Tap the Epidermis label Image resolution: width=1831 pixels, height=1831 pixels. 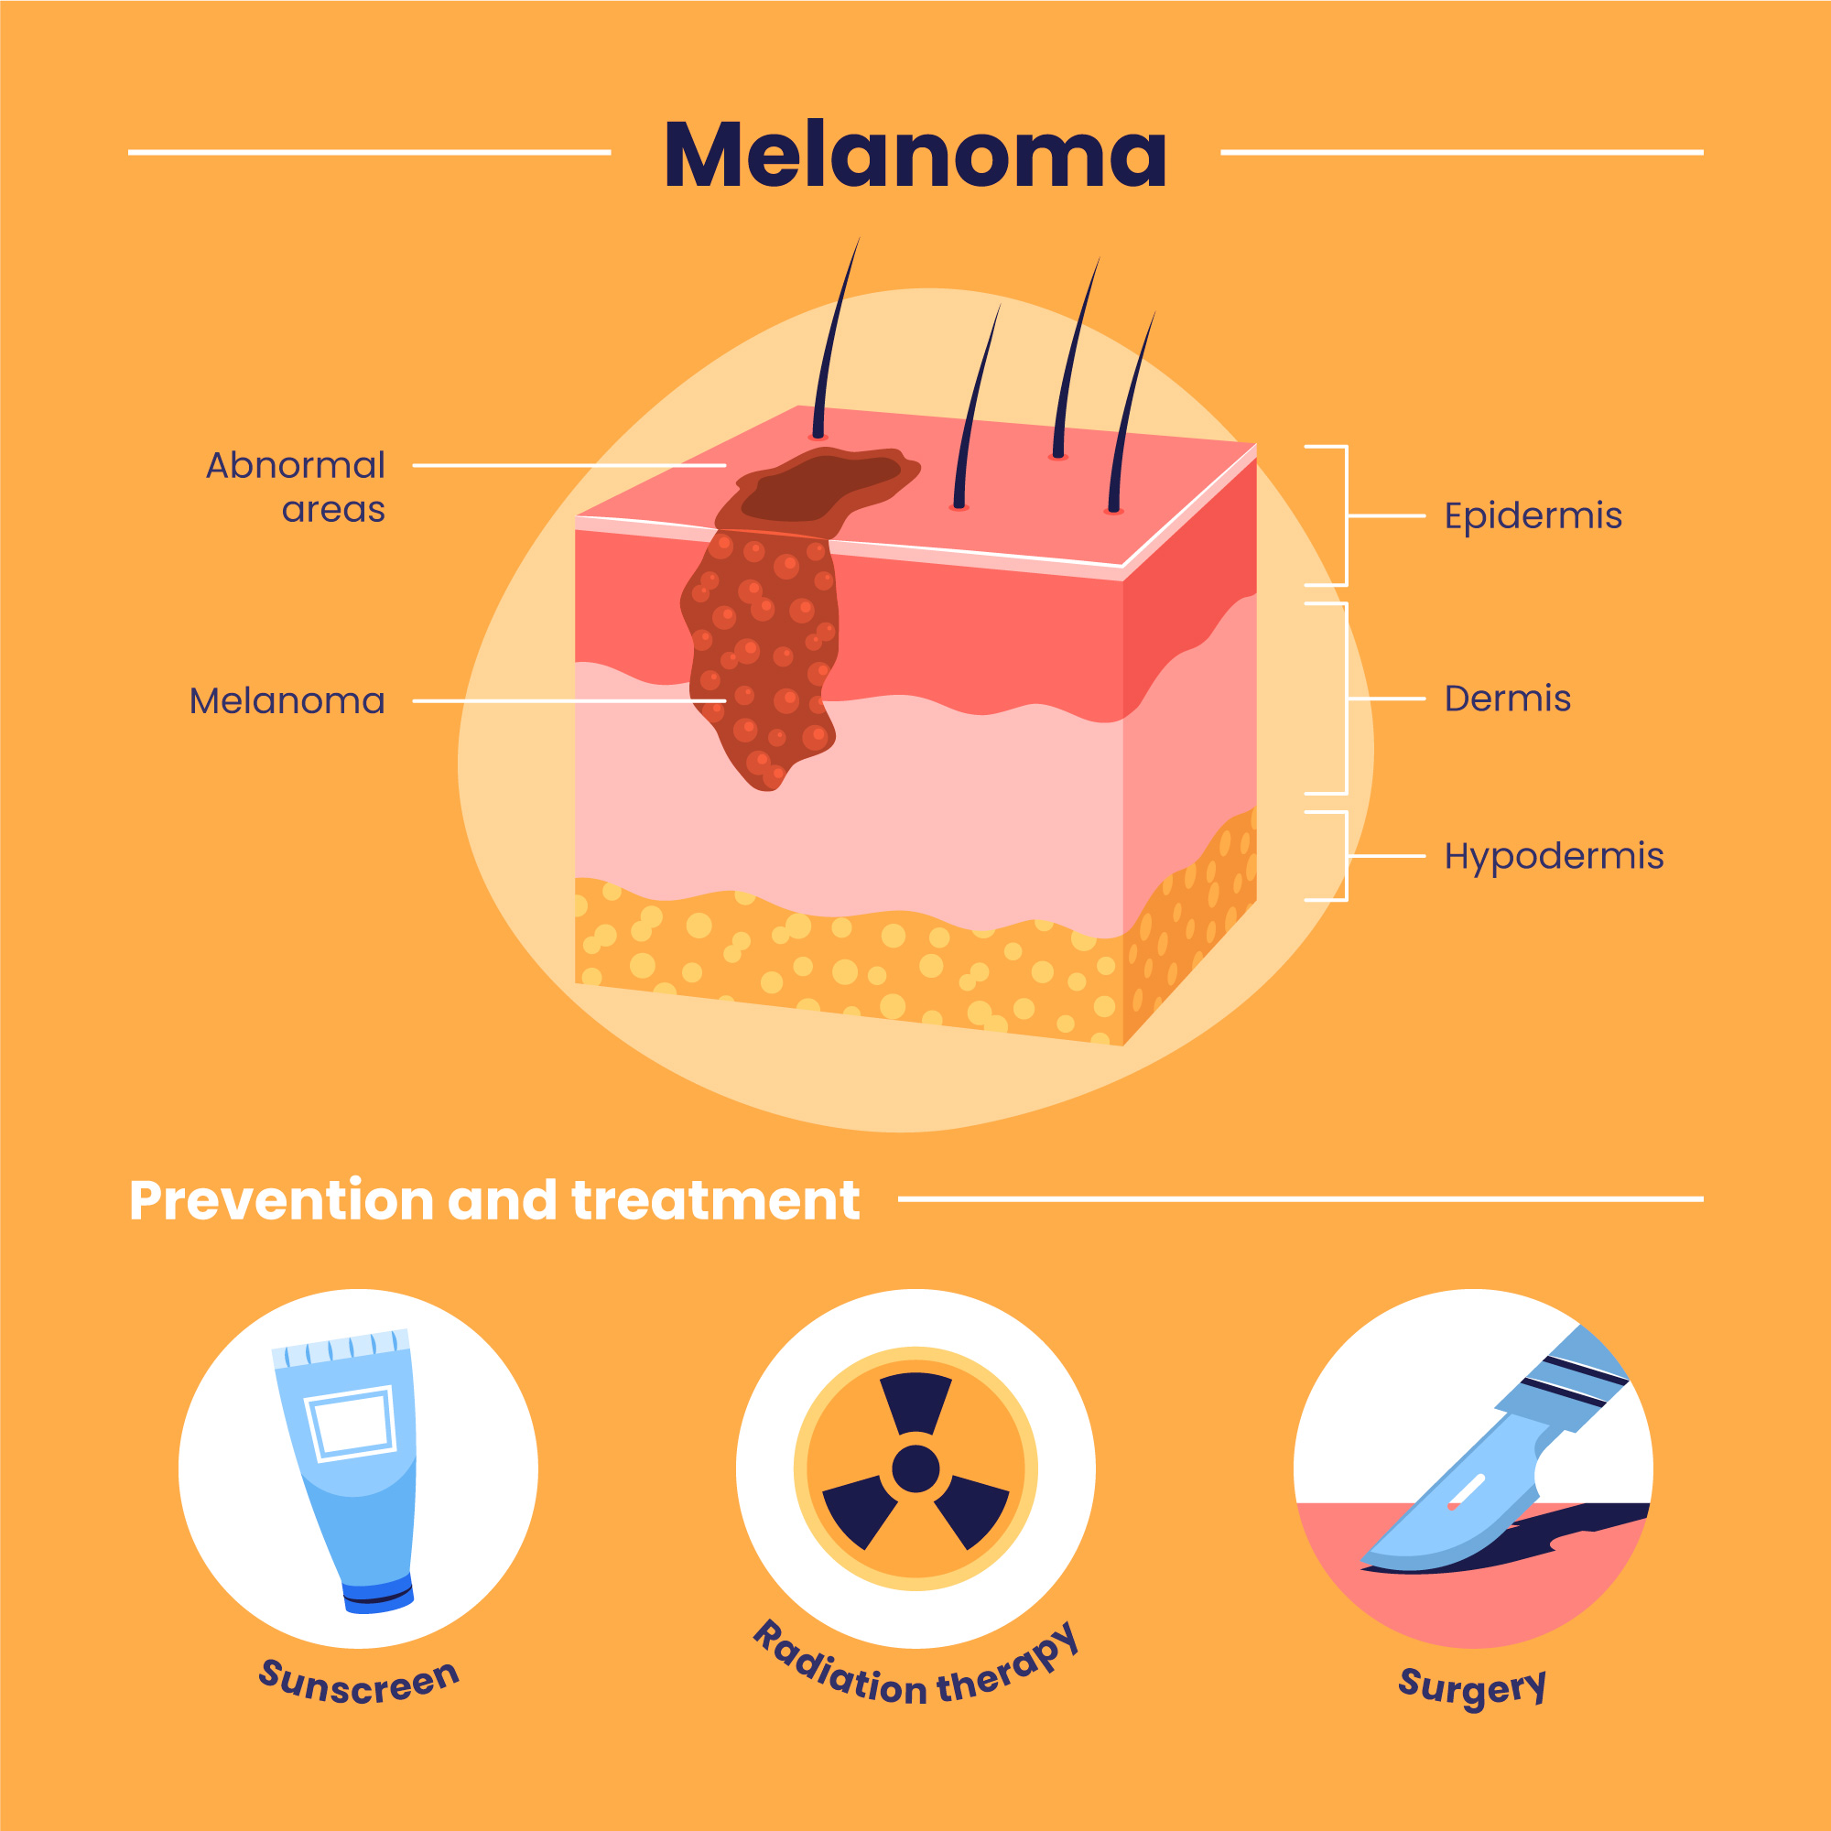click(x=1533, y=516)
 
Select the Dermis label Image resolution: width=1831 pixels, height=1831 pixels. click(x=1507, y=699)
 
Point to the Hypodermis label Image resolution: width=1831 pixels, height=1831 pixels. click(x=1554, y=856)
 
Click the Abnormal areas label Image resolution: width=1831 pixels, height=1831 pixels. click(x=296, y=487)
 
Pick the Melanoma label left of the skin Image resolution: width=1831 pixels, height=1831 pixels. click(x=287, y=701)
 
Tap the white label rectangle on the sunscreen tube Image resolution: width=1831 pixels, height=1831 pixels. click(x=352, y=1423)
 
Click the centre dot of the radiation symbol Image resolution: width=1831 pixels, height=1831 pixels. click(x=915, y=1469)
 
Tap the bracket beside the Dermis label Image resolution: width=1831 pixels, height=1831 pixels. click(x=1346, y=699)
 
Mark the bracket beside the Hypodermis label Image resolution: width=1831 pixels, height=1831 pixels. click(x=1346, y=856)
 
